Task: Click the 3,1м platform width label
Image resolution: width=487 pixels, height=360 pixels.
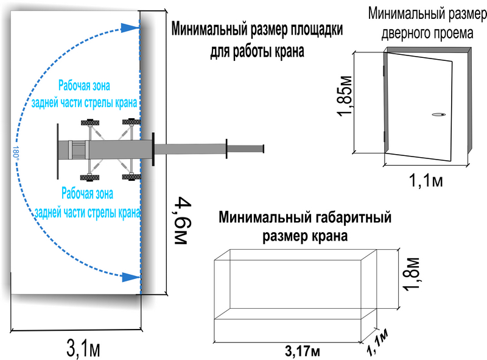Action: [x=83, y=348]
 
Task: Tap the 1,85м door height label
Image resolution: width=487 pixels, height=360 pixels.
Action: [x=345, y=96]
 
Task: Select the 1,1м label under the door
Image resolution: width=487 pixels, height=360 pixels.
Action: [x=426, y=180]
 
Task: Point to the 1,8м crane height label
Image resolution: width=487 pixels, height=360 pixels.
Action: [x=412, y=274]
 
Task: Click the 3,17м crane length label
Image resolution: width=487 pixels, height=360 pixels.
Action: [x=302, y=351]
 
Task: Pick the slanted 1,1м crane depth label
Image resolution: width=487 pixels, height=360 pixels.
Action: [x=378, y=342]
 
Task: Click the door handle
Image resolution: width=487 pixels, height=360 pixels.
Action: [x=438, y=115]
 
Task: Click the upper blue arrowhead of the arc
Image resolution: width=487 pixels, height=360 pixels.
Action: [x=130, y=27]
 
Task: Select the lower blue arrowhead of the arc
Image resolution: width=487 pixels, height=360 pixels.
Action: [x=130, y=277]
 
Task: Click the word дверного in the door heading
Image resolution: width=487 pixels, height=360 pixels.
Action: [x=403, y=34]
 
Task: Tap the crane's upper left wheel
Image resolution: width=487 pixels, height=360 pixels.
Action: [x=90, y=122]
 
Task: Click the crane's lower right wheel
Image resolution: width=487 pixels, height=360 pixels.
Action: [x=131, y=177]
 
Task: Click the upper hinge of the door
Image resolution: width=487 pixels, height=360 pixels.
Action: [x=385, y=71]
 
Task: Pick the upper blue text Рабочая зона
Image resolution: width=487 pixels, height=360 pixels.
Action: [x=84, y=86]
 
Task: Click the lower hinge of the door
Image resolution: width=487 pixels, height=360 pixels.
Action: [x=385, y=137]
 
